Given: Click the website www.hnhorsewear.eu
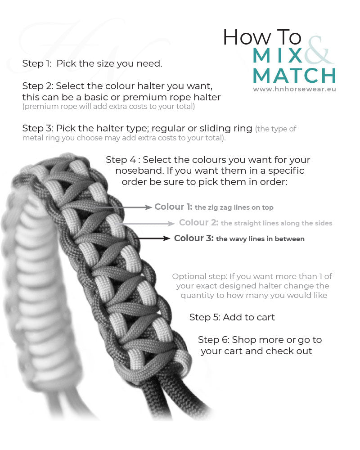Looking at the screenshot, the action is [295, 89].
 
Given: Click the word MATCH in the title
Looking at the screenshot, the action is [294, 76].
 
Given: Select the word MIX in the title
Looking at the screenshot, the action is [278, 55].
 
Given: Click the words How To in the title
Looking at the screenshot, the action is [262, 37].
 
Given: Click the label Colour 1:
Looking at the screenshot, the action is [173, 207].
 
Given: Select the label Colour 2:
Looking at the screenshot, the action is [198, 222].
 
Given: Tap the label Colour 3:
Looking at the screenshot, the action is [194, 238].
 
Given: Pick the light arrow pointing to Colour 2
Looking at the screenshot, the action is [148, 223].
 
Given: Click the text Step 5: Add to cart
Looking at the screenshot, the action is [232, 317].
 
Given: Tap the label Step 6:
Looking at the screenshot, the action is [214, 340].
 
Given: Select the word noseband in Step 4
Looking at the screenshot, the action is [139, 171].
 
